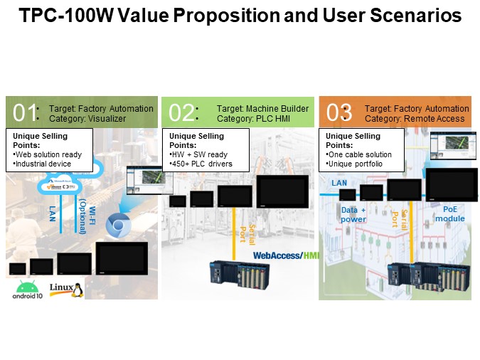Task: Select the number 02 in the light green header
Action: pos(181,113)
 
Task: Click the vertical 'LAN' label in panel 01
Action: pos(52,213)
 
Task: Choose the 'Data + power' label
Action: pos(353,215)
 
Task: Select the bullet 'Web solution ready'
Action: pos(48,154)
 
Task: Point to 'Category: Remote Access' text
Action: pos(415,118)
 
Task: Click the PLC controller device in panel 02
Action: pos(242,275)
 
